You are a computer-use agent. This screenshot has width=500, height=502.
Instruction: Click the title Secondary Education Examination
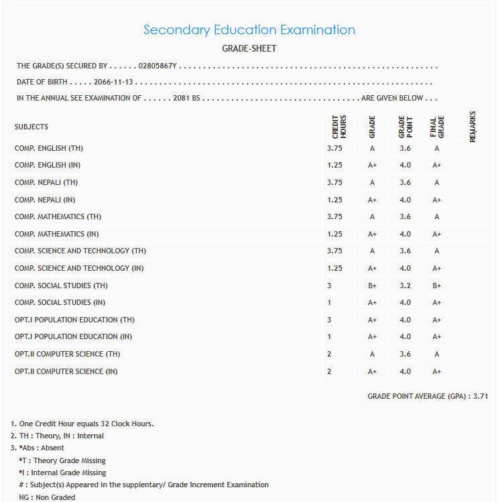249,30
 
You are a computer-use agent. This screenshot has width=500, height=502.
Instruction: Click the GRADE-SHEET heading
249,49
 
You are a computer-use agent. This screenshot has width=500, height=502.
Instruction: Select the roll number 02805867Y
157,66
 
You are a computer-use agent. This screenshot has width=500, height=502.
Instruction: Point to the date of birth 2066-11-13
114,82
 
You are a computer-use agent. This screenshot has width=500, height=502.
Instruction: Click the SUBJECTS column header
32,127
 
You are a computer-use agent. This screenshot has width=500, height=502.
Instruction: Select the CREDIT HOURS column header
339,127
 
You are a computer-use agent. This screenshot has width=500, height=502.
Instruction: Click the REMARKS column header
473,127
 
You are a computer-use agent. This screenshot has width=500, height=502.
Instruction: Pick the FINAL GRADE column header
437,127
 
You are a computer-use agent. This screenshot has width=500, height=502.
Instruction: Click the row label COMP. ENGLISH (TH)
49,148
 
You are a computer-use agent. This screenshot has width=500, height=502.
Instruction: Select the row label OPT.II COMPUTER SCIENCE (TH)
68,354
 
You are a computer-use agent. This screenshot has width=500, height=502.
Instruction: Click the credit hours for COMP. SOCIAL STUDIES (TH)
329,286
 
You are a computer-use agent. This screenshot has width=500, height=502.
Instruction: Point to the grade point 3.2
405,286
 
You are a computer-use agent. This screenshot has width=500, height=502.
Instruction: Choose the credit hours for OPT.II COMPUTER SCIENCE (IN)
329,371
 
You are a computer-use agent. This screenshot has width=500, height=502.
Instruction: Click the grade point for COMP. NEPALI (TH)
405,182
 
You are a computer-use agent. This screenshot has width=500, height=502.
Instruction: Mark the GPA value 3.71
481,397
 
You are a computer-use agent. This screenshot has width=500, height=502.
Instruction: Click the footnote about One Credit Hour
82,424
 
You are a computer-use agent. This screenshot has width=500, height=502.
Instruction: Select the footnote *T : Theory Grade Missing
62,460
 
